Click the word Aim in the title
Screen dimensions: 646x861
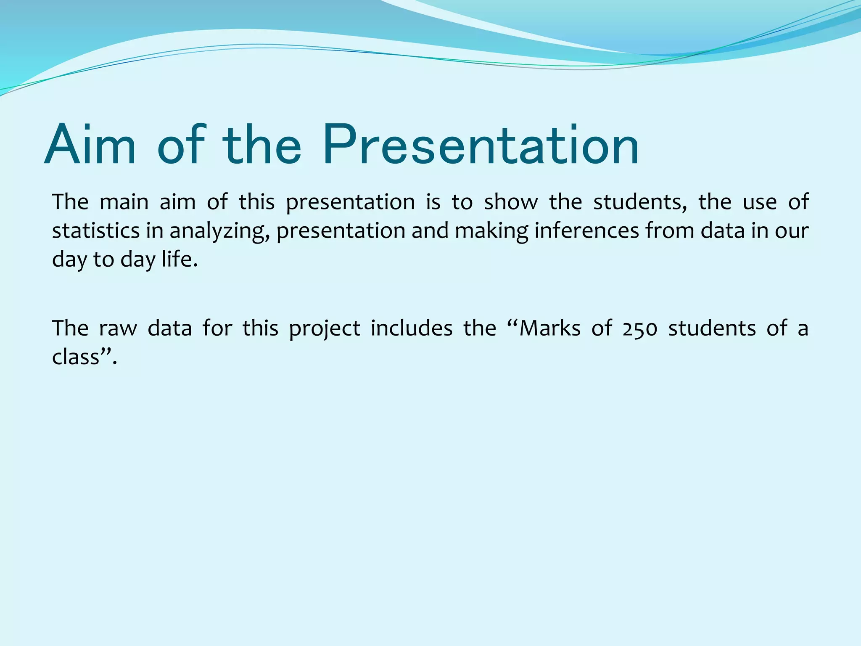pos(90,146)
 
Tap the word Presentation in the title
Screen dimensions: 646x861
pos(481,146)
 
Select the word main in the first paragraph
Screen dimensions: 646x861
pos(124,202)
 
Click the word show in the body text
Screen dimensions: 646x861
pos(511,202)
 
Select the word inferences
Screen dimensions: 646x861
pos(587,231)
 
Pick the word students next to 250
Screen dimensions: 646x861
pos(712,328)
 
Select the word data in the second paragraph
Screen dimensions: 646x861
pos(169,328)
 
